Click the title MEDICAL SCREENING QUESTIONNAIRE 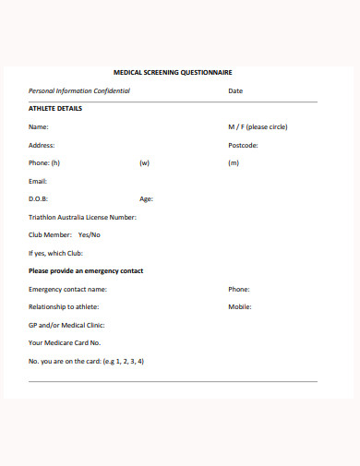pyautogui.click(x=173, y=72)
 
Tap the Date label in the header pyautogui.click(x=235, y=91)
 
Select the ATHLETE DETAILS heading pyautogui.click(x=55, y=109)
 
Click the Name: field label pyautogui.click(x=39, y=126)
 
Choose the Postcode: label pyautogui.click(x=243, y=145)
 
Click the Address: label pyautogui.click(x=42, y=145)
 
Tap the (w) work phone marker pyautogui.click(x=144, y=162)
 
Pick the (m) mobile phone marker pyautogui.click(x=234, y=162)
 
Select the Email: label pyautogui.click(x=38, y=181)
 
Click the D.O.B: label pyautogui.click(x=39, y=198)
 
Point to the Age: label pyautogui.click(x=146, y=198)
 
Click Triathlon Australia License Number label pyautogui.click(x=82, y=217)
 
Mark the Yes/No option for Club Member pyautogui.click(x=90, y=234)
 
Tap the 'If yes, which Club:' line pyautogui.click(x=56, y=253)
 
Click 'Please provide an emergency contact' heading pyautogui.click(x=86, y=271)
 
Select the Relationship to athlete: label pyautogui.click(x=64, y=306)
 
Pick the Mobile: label pyautogui.click(x=240, y=306)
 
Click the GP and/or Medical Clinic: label pyautogui.click(x=66, y=325)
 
